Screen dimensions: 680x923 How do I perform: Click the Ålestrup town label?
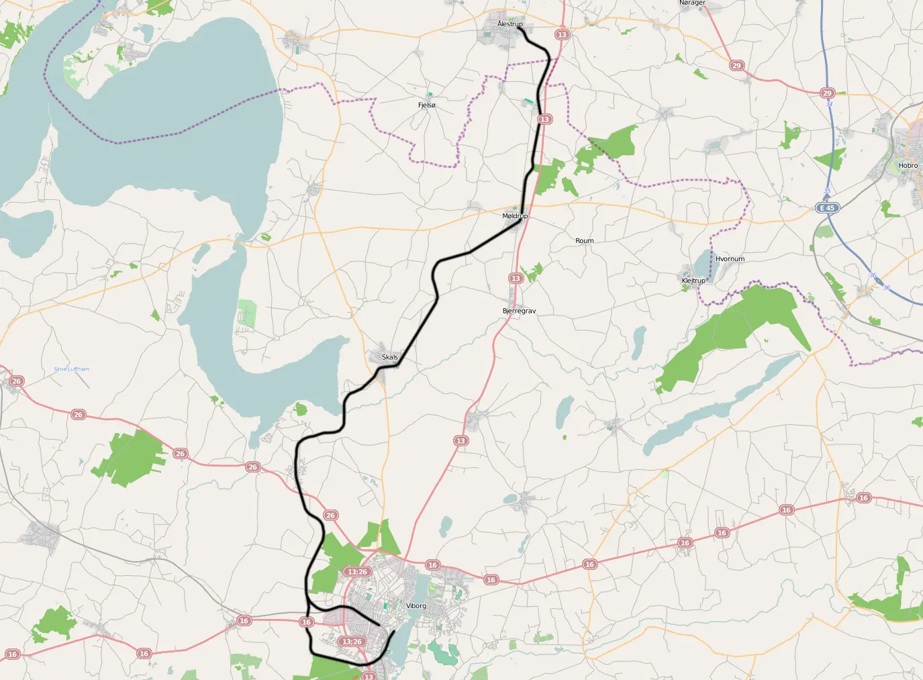pyautogui.click(x=509, y=24)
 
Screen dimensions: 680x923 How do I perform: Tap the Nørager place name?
pyautogui.click(x=692, y=3)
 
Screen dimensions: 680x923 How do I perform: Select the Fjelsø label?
pyautogui.click(x=426, y=105)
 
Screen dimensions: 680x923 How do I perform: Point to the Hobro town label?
pyautogui.click(x=908, y=166)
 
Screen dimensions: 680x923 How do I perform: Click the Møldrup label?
pyautogui.click(x=515, y=216)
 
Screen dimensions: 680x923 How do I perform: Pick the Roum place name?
pyautogui.click(x=584, y=241)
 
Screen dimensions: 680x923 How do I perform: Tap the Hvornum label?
pyautogui.click(x=730, y=259)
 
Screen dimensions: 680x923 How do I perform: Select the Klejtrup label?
pyautogui.click(x=693, y=281)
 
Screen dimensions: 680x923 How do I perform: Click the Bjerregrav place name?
pyautogui.click(x=519, y=311)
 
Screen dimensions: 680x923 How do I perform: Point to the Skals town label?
pyautogui.click(x=389, y=357)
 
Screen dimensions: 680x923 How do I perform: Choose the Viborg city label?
pyautogui.click(x=416, y=606)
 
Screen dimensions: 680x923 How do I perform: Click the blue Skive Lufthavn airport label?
pyautogui.click(x=71, y=369)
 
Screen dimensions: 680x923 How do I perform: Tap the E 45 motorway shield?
pyautogui.click(x=827, y=208)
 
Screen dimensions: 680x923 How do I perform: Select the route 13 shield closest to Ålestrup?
pyautogui.click(x=562, y=35)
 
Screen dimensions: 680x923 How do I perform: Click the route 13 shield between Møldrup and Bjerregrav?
pyautogui.click(x=516, y=279)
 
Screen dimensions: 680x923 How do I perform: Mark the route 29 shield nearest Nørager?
pyautogui.click(x=736, y=66)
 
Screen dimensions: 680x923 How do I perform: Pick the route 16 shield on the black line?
pyautogui.click(x=306, y=622)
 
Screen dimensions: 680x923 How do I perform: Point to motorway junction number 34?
pyautogui.click(x=829, y=104)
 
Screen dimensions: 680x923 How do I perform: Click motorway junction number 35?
pyautogui.click(x=827, y=191)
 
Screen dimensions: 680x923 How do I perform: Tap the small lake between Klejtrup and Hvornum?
pyautogui.click(x=703, y=264)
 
